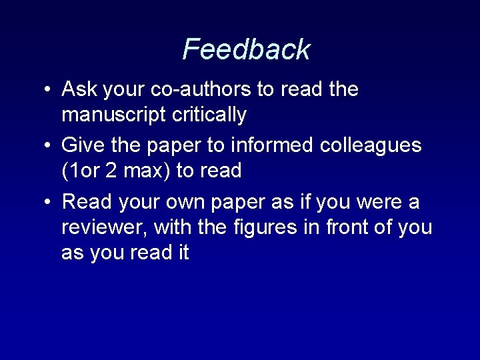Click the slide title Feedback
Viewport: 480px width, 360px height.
246,49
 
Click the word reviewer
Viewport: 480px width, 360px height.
104,227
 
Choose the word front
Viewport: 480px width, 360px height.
348,227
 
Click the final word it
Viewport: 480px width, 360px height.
182,253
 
